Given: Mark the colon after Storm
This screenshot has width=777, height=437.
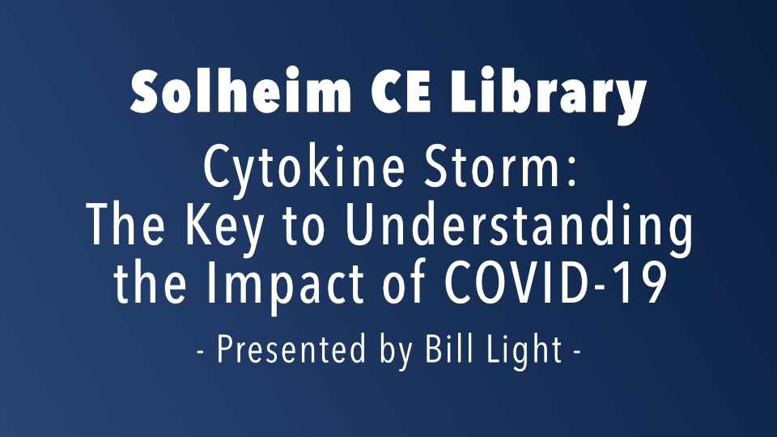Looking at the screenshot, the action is pyautogui.click(x=572, y=172).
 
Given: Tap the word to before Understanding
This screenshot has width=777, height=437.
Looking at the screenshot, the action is pyautogui.click(x=304, y=227).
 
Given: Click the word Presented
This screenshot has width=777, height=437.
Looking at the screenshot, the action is pyautogui.click(x=291, y=350).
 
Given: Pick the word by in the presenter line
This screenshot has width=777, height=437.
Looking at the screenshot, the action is pyautogui.click(x=397, y=352).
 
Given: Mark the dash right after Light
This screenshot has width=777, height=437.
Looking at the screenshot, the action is pyautogui.click(x=577, y=354).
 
